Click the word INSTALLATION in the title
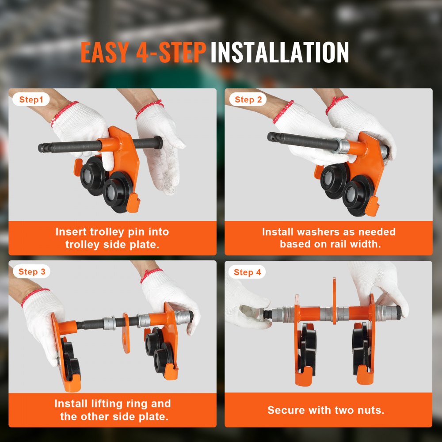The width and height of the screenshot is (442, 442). [279, 53]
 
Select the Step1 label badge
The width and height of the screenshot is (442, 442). [31, 100]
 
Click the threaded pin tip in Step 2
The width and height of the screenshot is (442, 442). [271, 137]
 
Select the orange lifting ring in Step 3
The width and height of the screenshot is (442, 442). [126, 333]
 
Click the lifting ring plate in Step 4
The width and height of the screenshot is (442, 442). [334, 301]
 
